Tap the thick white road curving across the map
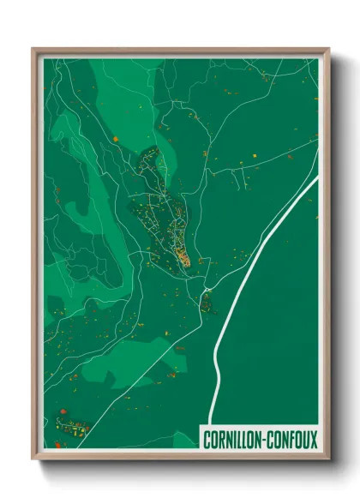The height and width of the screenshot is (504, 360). (x=257, y=257)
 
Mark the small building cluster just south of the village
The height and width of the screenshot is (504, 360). (x=206, y=301)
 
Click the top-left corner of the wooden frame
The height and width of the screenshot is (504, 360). (x=33, y=49)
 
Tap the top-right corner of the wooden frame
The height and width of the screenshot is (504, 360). (x=327, y=49)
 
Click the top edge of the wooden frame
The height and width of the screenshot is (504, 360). (x=180, y=49)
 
